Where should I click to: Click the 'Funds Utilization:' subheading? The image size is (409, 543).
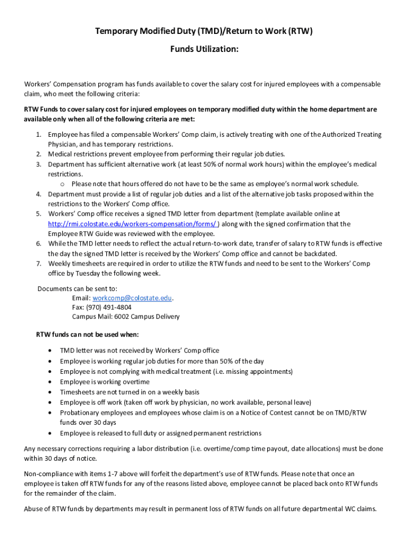click(x=204, y=49)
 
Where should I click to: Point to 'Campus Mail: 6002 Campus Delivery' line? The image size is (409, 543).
click(x=126, y=317)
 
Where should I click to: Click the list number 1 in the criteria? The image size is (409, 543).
click(x=39, y=135)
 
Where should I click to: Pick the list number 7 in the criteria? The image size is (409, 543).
click(x=39, y=264)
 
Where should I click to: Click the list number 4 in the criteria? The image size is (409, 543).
click(x=39, y=194)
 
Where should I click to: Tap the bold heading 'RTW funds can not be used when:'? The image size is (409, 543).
click(x=88, y=335)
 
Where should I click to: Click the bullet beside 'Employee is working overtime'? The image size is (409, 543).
click(x=50, y=382)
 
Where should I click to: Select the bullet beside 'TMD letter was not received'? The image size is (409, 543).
click(x=50, y=351)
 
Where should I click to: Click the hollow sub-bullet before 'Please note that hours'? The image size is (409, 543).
click(x=62, y=184)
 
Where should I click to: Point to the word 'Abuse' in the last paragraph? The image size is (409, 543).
click(x=33, y=509)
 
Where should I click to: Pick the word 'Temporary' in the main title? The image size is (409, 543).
click(x=116, y=31)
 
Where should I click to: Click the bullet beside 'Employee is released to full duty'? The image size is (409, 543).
click(x=50, y=433)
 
